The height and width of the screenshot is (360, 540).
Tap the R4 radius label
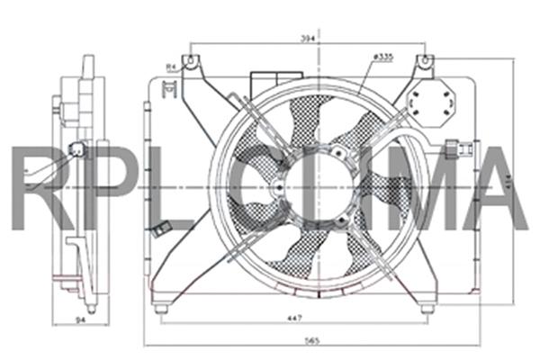click(171, 66)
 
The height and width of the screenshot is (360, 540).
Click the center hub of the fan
click(281, 186)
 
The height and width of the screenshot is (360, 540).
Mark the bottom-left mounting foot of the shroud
click(161, 308)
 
